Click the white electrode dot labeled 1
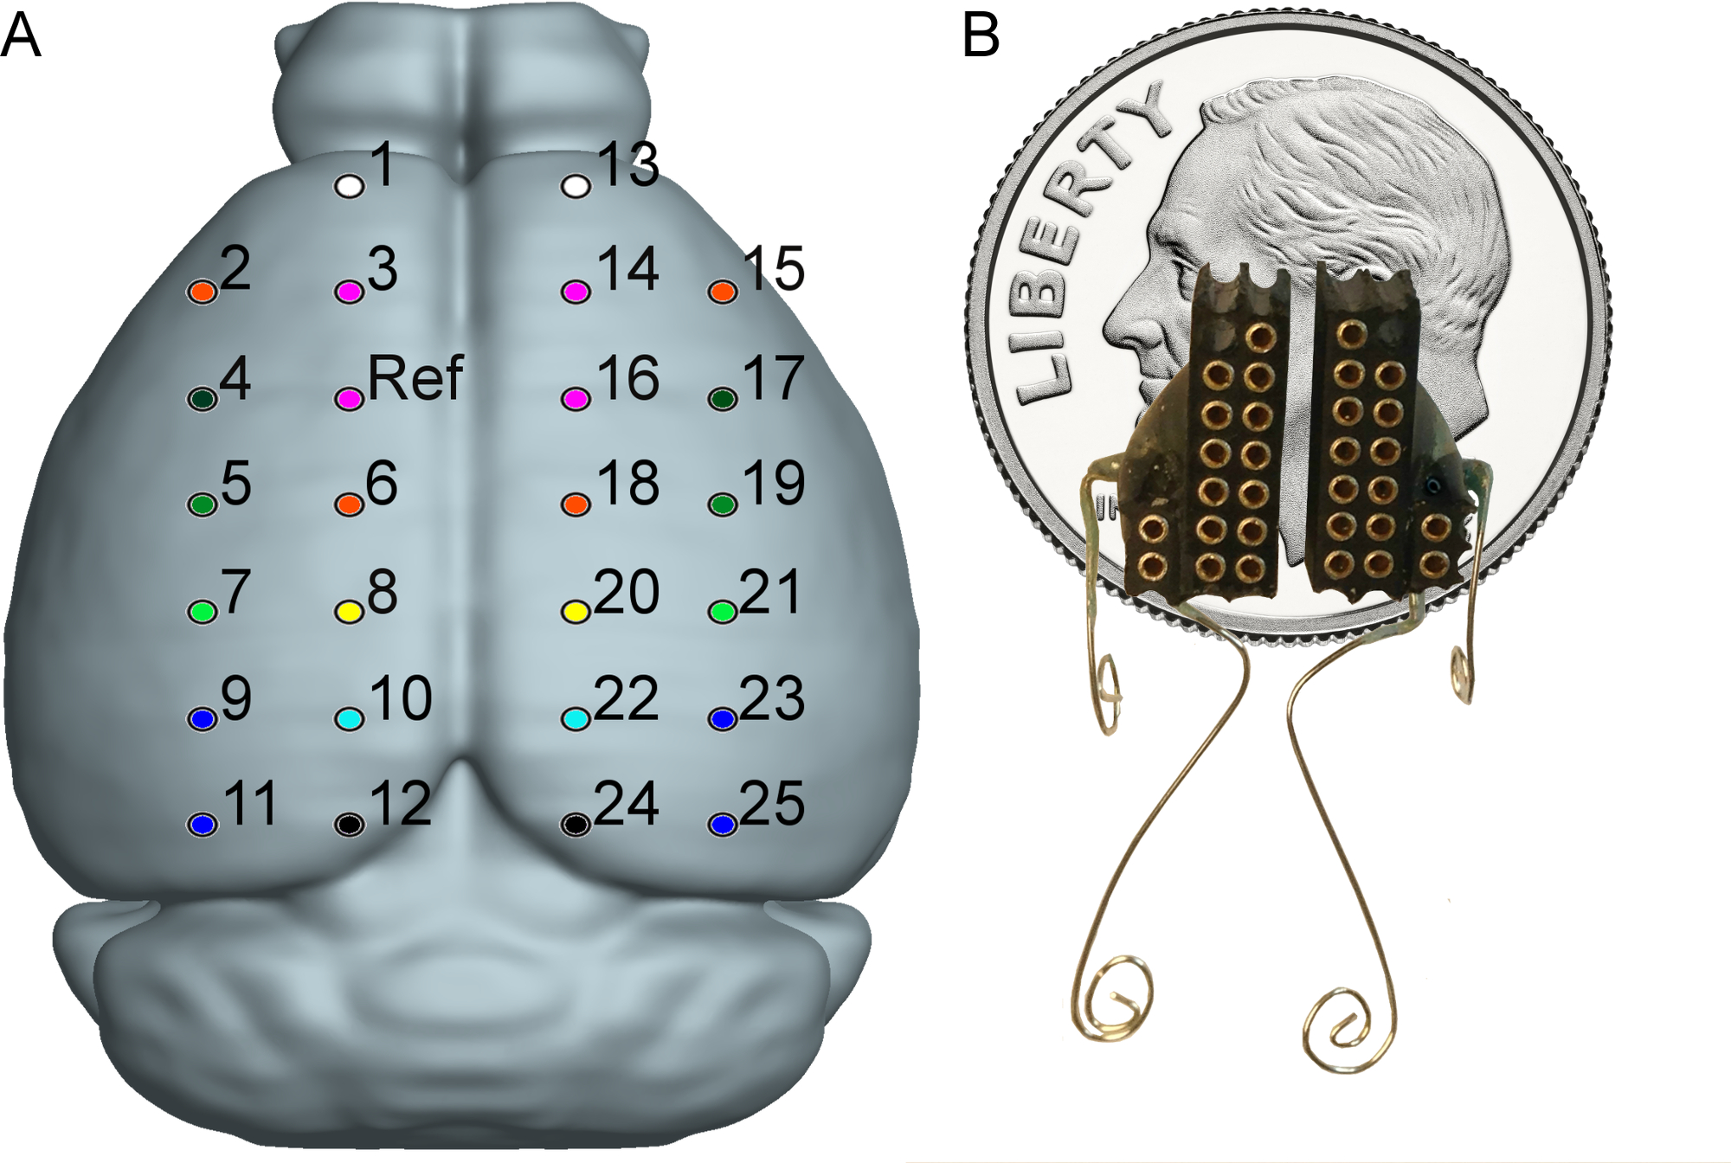click(350, 185)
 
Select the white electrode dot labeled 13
click(576, 185)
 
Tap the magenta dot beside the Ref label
click(350, 398)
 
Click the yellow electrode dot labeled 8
click(350, 612)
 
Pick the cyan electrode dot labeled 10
click(350, 718)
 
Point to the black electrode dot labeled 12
click(350, 825)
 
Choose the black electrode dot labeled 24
click(576, 825)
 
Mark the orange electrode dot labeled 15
click(723, 292)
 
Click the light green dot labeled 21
click(723, 612)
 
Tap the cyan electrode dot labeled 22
click(576, 718)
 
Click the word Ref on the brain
click(415, 379)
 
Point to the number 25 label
click(772, 804)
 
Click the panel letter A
click(21, 36)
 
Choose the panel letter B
click(981, 36)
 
